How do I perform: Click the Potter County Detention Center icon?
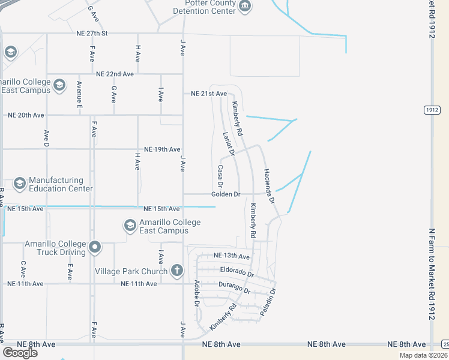click(x=245, y=7)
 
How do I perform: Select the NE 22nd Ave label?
click(x=115, y=74)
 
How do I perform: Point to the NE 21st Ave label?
click(x=209, y=94)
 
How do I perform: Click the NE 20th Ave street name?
click(x=26, y=115)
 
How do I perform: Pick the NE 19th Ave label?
click(x=162, y=149)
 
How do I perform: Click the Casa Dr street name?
click(x=220, y=176)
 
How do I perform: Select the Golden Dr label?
click(x=226, y=194)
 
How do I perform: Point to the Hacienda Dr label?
click(x=269, y=184)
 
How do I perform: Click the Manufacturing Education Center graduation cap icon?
click(x=19, y=184)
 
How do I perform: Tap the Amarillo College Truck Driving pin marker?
click(x=94, y=247)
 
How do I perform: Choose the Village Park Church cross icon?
click(x=176, y=271)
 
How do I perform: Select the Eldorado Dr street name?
click(x=237, y=272)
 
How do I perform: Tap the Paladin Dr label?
click(x=268, y=303)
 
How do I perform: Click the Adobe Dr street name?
click(x=196, y=293)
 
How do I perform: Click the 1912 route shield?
click(x=432, y=110)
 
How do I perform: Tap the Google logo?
click(x=20, y=353)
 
